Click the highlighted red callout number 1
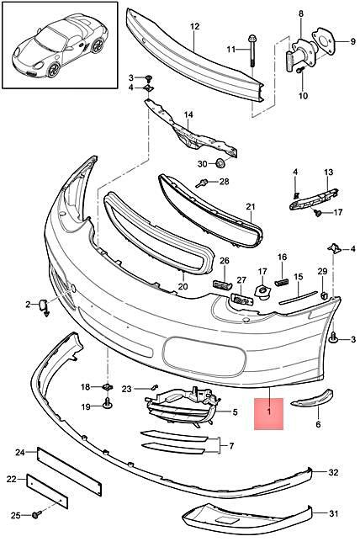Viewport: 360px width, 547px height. pyautogui.click(x=269, y=412)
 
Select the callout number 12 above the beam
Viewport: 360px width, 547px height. pyautogui.click(x=194, y=27)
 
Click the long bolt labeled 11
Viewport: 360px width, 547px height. pyautogui.click(x=251, y=51)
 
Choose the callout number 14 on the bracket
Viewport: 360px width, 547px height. pyautogui.click(x=188, y=114)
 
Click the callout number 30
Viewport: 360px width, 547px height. pyautogui.click(x=202, y=163)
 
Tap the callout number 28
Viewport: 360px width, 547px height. pyautogui.click(x=225, y=181)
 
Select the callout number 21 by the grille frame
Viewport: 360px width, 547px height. pyautogui.click(x=250, y=206)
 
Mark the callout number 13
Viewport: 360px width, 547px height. pyautogui.click(x=329, y=172)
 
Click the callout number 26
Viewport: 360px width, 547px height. pyautogui.click(x=224, y=261)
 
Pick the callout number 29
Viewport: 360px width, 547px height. pyautogui.click(x=321, y=271)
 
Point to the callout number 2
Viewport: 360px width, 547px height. pyautogui.click(x=28, y=303)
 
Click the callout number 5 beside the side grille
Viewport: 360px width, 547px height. pyautogui.click(x=235, y=412)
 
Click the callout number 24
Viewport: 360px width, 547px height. pyautogui.click(x=21, y=453)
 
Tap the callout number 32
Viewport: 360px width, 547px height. pyautogui.click(x=334, y=472)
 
